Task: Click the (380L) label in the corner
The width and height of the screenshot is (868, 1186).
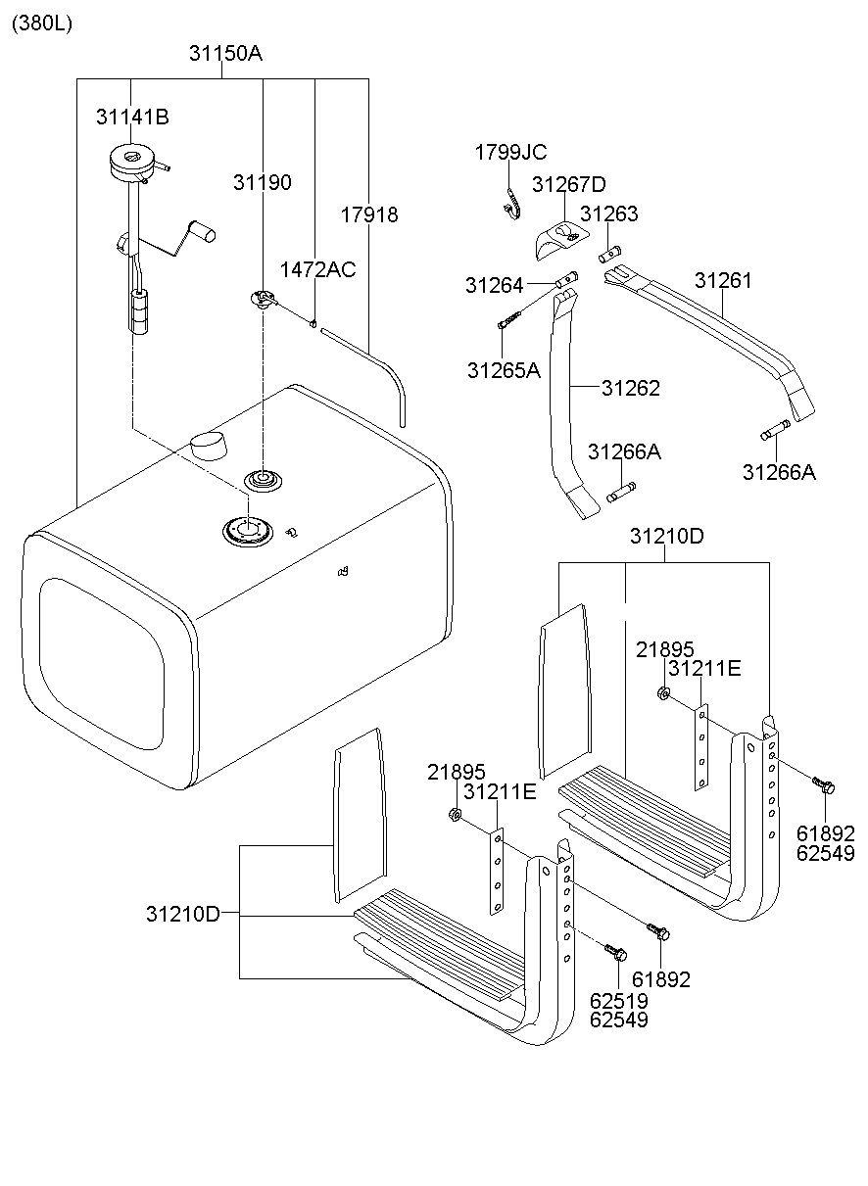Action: point(42,24)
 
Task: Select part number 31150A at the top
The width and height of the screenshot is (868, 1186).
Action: point(225,54)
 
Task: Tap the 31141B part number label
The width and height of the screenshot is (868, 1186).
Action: point(132,117)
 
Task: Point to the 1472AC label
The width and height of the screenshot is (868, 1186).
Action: point(317,270)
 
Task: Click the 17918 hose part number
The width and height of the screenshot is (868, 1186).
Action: point(369,214)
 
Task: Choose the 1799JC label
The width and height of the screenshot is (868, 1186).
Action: point(510,153)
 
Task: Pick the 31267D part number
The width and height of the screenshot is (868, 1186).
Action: point(569,184)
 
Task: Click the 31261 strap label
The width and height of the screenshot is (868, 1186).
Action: point(723,281)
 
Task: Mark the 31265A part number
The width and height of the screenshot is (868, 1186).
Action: point(504,370)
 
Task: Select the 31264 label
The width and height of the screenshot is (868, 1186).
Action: point(494,286)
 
